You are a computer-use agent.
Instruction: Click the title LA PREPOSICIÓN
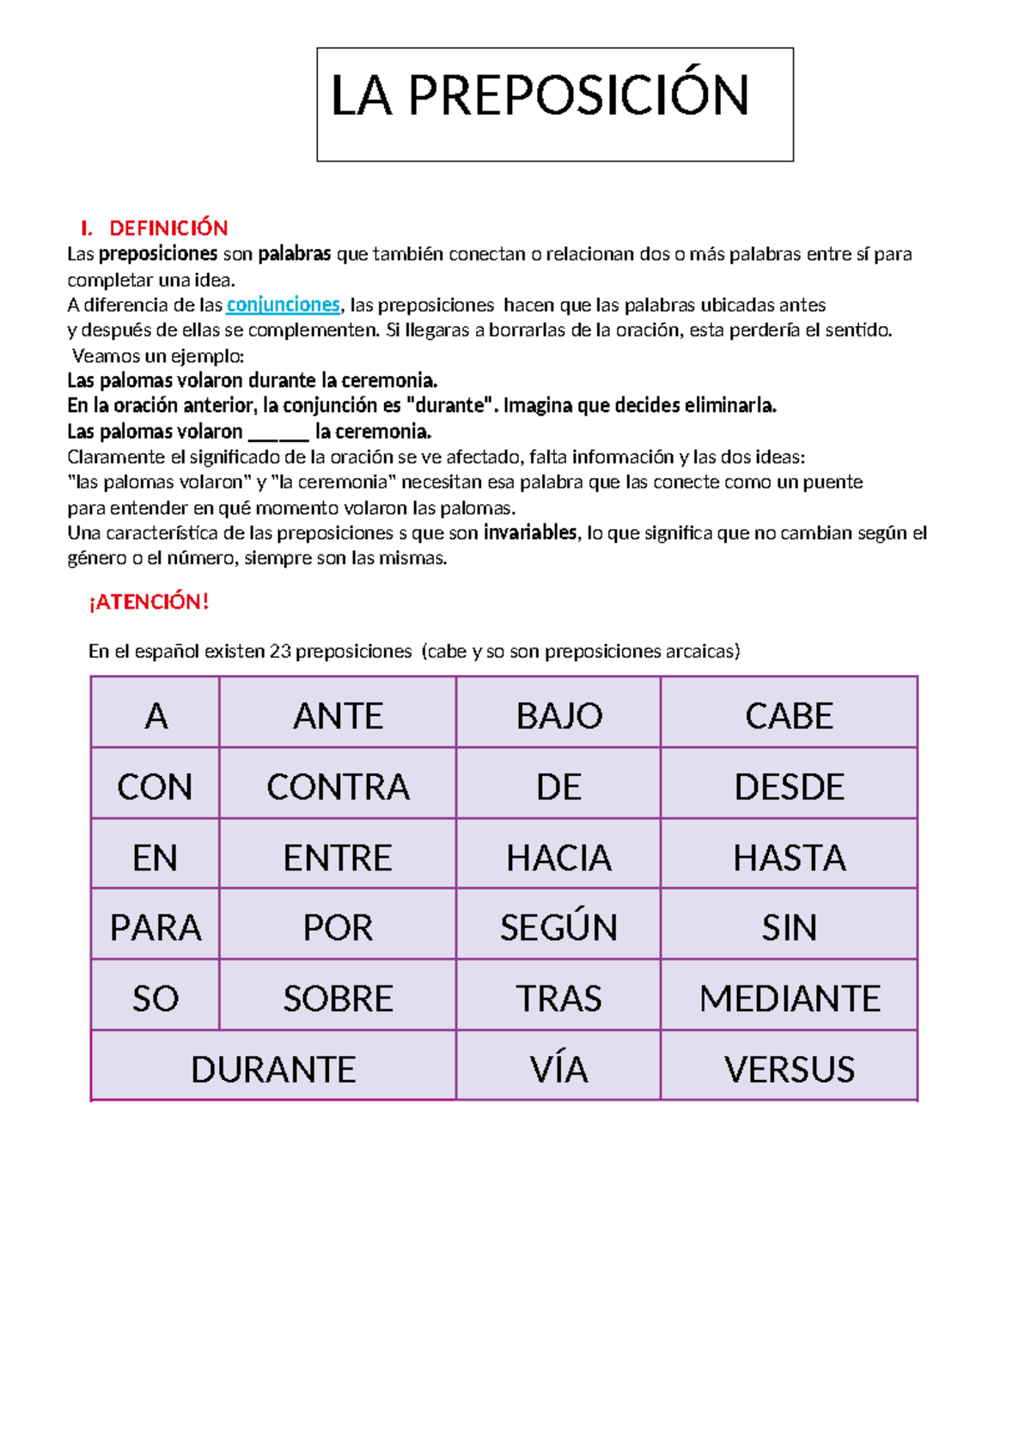click(x=540, y=96)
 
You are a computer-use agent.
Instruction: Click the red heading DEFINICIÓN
click(x=168, y=228)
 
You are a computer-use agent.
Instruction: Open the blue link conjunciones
click(x=283, y=305)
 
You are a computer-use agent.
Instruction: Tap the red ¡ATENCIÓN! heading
click(x=149, y=602)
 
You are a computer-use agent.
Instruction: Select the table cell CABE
click(x=789, y=716)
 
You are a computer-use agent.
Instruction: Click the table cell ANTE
click(x=338, y=716)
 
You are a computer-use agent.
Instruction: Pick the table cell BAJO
click(x=558, y=716)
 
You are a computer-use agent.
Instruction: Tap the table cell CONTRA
click(x=338, y=787)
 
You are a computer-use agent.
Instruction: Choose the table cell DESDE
click(x=789, y=787)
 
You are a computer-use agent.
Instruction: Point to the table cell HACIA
click(x=558, y=858)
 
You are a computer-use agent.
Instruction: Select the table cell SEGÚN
click(x=558, y=928)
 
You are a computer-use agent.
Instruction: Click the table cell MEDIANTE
click(x=789, y=998)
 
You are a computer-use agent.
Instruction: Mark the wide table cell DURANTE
click(x=273, y=1070)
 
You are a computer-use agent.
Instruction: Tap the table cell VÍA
click(x=558, y=1070)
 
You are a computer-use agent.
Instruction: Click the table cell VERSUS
click(x=789, y=1070)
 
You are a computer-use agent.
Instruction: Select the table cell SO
click(x=156, y=998)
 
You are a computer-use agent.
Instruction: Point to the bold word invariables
click(x=530, y=533)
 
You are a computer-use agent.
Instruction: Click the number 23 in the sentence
click(x=280, y=652)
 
